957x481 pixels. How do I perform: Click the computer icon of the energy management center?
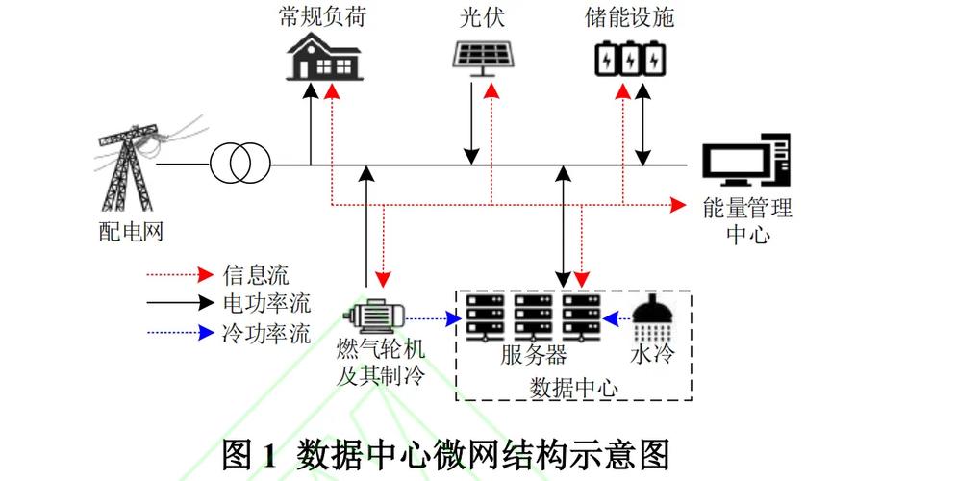tap(745, 161)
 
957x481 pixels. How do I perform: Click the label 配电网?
tap(126, 232)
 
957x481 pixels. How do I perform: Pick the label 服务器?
tap(533, 355)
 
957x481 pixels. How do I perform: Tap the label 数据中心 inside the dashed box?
tap(573, 388)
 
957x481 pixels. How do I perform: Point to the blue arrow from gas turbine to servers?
tap(433, 316)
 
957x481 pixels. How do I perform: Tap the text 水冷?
tap(652, 355)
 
